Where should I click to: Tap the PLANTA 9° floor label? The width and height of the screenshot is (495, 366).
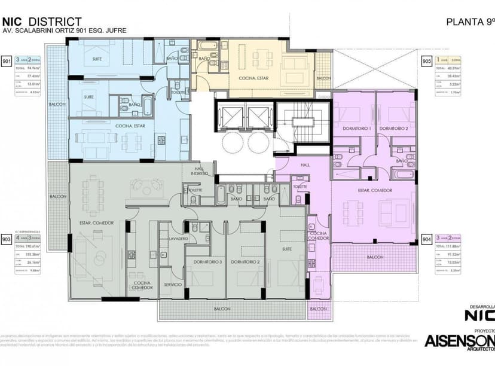point(470,22)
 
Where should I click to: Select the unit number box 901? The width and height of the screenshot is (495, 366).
point(7,61)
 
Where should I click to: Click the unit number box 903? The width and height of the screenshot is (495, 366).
point(7,238)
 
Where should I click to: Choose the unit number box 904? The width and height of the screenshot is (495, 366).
point(427,238)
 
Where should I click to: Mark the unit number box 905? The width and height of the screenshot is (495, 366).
point(427,61)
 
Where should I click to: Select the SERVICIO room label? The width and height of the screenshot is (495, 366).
point(173,285)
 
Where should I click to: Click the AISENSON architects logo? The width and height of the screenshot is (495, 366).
point(459,341)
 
